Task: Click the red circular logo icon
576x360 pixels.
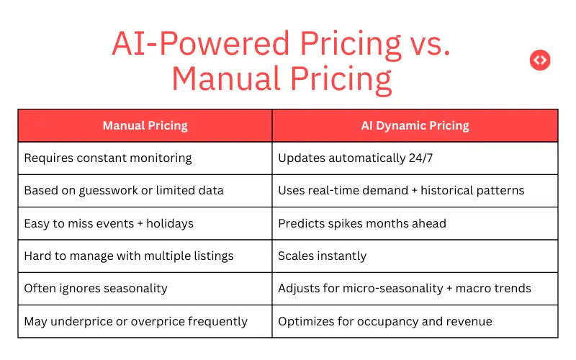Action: [x=540, y=60]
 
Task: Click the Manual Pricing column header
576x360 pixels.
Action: [x=145, y=125]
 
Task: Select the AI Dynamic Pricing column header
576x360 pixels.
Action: [x=415, y=125]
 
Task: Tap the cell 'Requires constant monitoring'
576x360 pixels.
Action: [x=108, y=158]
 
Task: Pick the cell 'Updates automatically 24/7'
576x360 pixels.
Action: [x=356, y=158]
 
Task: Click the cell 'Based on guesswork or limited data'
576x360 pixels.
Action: [x=124, y=191]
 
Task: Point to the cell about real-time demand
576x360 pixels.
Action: [x=401, y=191]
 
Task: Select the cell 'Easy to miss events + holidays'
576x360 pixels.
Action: [x=109, y=223]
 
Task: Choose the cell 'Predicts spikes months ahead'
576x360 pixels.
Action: [x=362, y=223]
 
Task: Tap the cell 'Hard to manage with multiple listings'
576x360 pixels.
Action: [x=129, y=256]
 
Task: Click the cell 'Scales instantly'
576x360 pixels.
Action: [x=323, y=256]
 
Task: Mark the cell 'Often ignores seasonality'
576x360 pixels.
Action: [x=96, y=288]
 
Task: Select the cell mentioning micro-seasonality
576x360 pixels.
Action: [x=405, y=288]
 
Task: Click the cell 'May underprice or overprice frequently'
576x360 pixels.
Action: [x=135, y=321]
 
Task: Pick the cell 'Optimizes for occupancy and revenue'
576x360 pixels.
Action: [x=385, y=321]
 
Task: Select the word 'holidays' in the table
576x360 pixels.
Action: [x=170, y=223]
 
